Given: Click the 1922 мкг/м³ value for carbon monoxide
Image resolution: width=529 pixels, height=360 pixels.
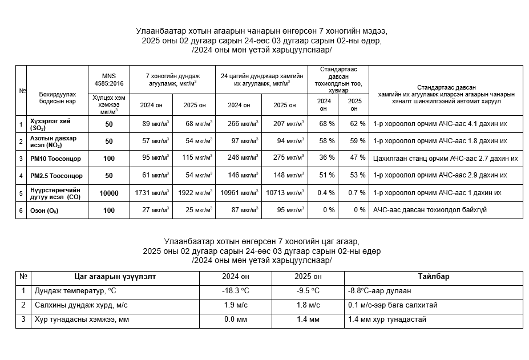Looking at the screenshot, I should pyautogui.click(x=194, y=193).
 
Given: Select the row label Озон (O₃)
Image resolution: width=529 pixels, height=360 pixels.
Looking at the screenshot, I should pyautogui.click(x=45, y=211).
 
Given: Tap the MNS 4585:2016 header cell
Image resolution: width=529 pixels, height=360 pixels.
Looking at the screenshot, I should pyautogui.click(x=108, y=80).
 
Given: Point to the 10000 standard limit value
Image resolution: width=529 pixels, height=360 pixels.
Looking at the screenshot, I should pyautogui.click(x=108, y=193).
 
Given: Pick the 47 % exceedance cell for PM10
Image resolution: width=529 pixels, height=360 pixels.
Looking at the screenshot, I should pyautogui.click(x=353, y=158).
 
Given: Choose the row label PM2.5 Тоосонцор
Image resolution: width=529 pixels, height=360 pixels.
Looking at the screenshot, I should pyautogui.click(x=56, y=176).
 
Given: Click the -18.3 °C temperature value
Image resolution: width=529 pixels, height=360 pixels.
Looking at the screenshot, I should pyautogui.click(x=235, y=291).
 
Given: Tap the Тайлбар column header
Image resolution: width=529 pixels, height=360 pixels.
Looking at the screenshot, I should pyautogui.click(x=434, y=277).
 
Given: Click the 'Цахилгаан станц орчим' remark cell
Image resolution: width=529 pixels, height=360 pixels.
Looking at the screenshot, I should pyautogui.click(x=445, y=158).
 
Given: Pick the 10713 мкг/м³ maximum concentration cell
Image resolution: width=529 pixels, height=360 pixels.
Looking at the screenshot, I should pyautogui.click(x=284, y=193).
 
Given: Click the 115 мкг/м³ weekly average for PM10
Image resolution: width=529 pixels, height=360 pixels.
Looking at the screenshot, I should pyautogui.click(x=194, y=158).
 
